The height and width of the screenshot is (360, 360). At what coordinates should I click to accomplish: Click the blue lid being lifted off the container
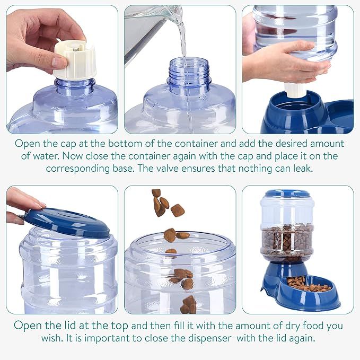[x=67, y=222]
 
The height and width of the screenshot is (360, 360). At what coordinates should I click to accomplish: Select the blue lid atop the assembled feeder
[x=287, y=194]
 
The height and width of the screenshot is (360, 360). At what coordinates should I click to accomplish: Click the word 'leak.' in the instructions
[x=303, y=168]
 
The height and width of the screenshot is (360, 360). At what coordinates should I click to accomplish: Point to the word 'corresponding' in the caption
[x=77, y=169]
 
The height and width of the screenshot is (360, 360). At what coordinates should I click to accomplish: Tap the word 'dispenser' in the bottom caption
[x=210, y=338]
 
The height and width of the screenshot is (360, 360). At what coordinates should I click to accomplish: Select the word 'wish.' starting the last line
[x=52, y=338]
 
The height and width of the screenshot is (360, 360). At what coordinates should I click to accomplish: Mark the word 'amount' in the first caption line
[x=327, y=144]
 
